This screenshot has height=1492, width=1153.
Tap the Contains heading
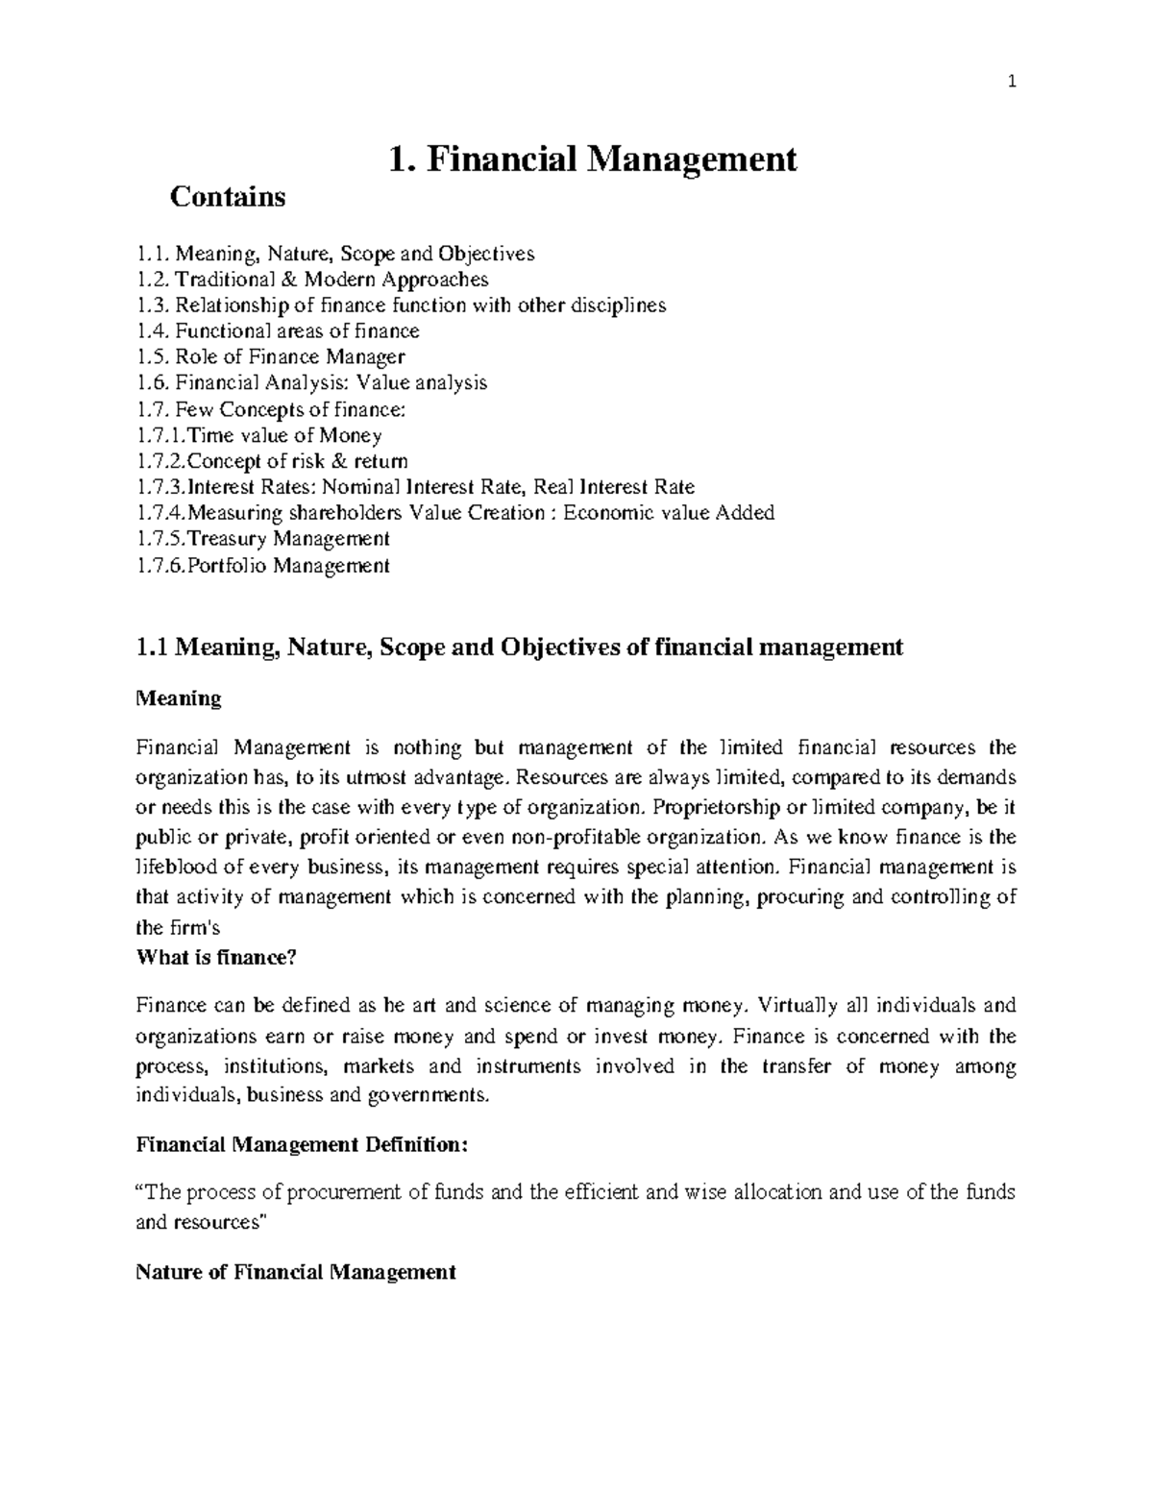pos(228,197)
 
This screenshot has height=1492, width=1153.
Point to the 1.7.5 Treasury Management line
pos(263,539)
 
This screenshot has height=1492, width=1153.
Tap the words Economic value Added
pos(669,513)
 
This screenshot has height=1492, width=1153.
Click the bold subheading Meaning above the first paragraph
pos(179,698)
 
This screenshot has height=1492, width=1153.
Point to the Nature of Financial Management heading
pos(295,1273)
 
